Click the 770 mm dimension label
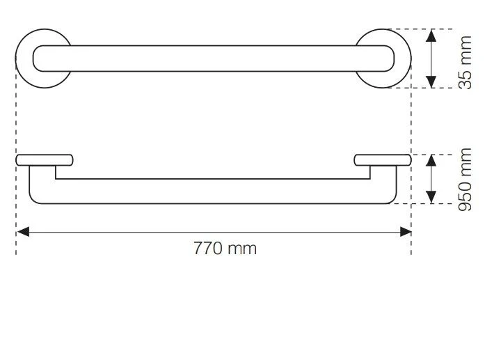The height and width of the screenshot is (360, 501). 225,249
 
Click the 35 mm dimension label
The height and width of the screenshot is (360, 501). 466,63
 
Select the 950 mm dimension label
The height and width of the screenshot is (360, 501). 466,180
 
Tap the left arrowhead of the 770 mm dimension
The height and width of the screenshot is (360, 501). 23,232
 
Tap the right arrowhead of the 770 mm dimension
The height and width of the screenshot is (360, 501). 405,232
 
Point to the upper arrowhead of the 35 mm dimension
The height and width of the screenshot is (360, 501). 431,36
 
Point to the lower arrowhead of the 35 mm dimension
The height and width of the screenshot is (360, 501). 431,82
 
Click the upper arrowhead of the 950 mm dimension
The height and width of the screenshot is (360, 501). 431,160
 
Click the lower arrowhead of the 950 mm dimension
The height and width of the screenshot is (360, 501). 431,197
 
